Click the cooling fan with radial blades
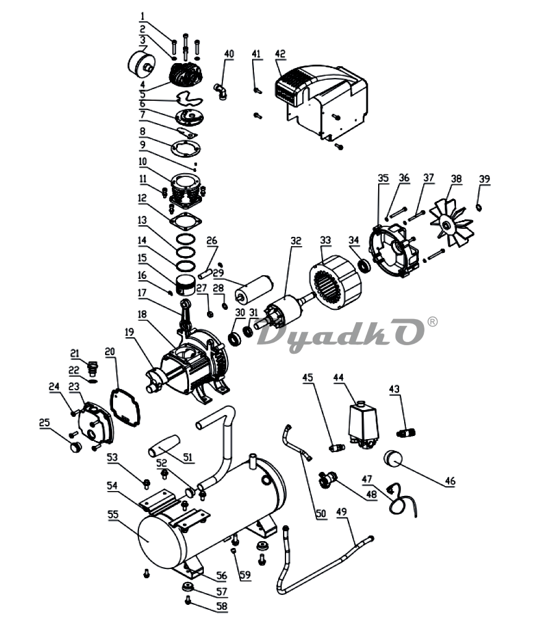452,223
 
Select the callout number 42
280,54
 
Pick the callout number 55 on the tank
113,515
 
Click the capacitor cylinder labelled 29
254,289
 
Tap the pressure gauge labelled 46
392,458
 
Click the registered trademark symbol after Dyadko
433,322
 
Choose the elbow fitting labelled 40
221,90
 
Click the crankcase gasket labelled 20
125,408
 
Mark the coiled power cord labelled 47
400,500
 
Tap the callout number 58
222,606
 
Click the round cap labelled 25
76,447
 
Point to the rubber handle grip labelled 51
164,446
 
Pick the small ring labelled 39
479,208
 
